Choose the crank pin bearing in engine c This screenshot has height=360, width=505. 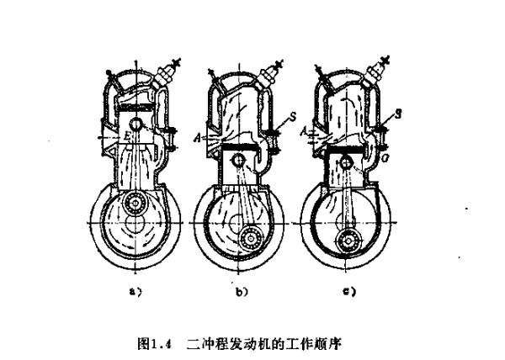(347, 243)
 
